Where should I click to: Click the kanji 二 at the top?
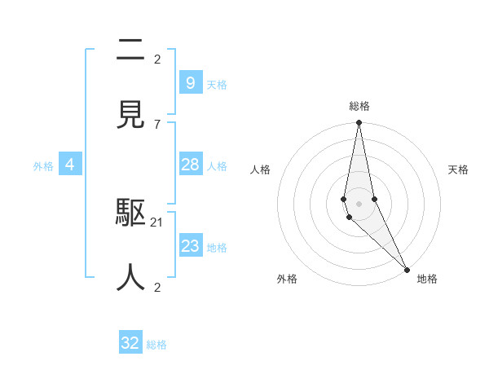(130, 51)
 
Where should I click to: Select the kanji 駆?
(130, 214)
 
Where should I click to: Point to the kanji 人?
(130, 278)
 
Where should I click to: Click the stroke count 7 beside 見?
(157, 124)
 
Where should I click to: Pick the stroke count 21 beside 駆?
(158, 222)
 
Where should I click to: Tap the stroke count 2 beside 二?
(157, 59)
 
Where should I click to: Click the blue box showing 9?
(190, 82)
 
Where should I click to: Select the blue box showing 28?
(190, 165)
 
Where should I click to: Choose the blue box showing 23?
(190, 246)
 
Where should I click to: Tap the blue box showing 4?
(70, 165)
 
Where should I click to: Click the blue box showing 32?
(130, 343)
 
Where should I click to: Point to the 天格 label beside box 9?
(217, 84)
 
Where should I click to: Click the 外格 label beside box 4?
(43, 165)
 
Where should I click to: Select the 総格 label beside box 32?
(156, 345)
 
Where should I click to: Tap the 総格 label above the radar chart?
(359, 106)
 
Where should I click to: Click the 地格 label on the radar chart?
(427, 279)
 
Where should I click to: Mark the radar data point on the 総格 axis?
(359, 123)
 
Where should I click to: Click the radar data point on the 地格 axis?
(407, 268)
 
